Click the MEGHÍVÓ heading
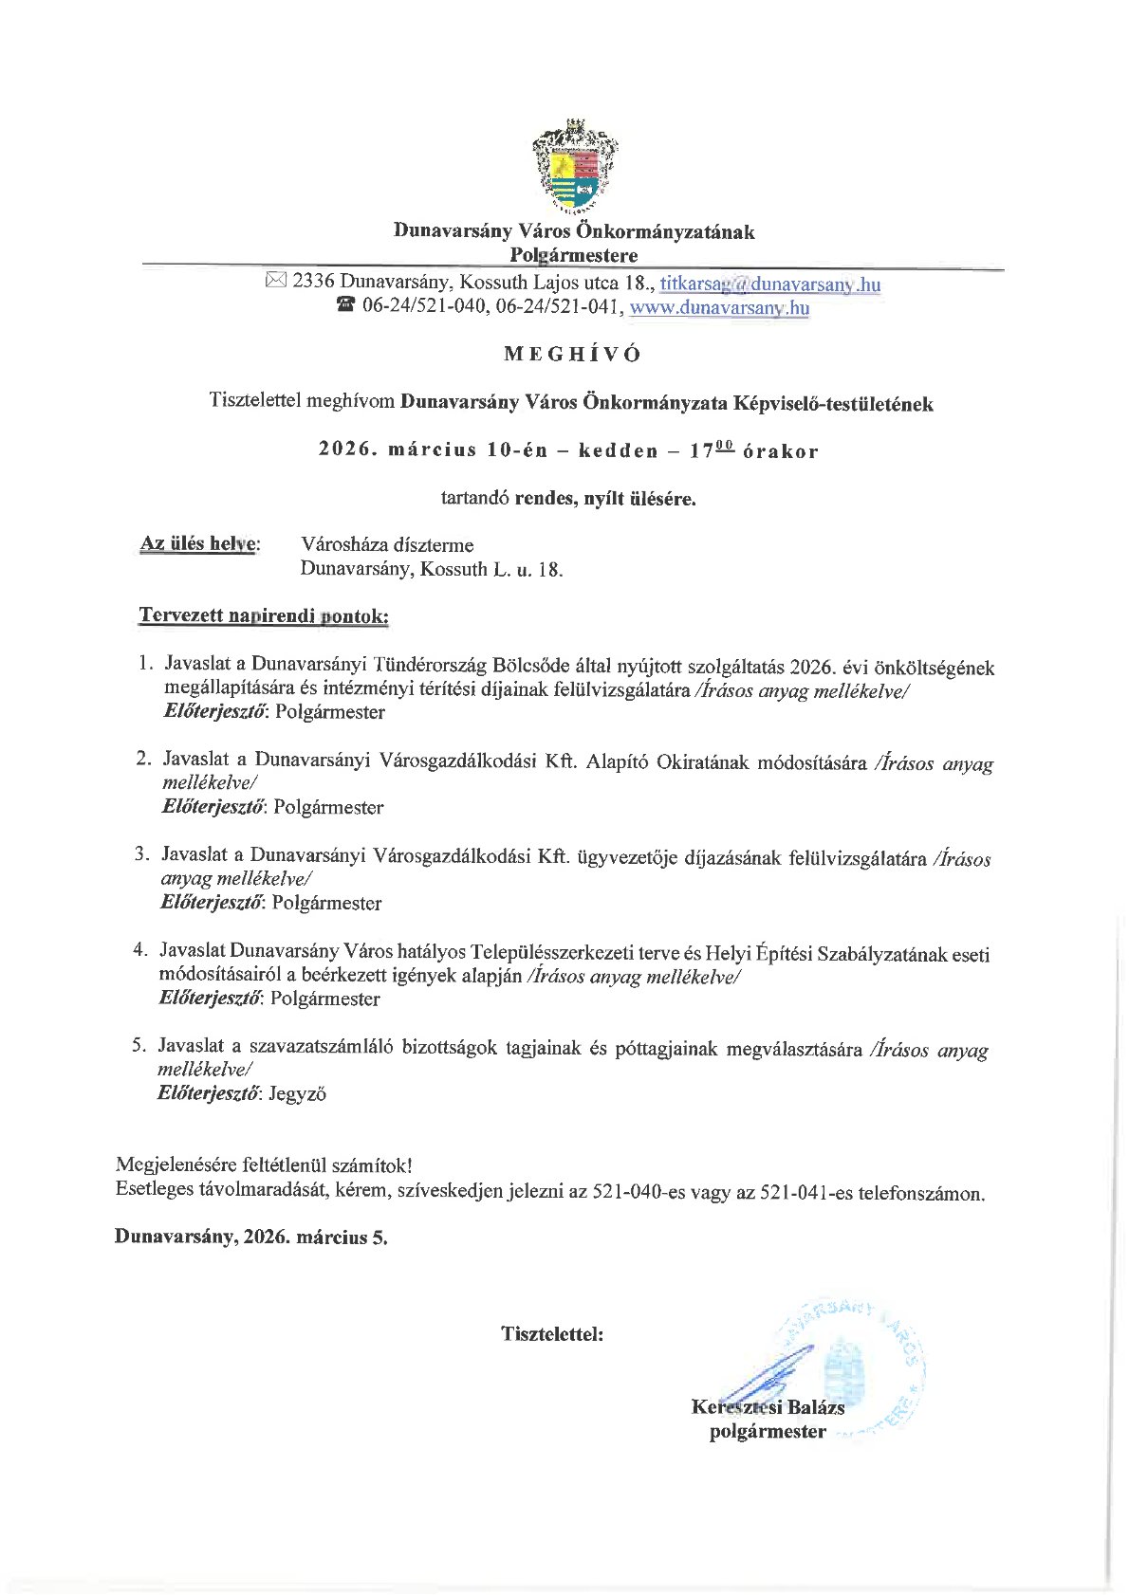click(x=573, y=354)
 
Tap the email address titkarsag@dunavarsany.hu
click(x=770, y=283)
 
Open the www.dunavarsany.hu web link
click(x=719, y=306)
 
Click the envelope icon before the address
click(x=276, y=281)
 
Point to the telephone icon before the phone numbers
click(x=345, y=305)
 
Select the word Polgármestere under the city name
click(x=573, y=254)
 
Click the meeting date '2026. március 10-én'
click(x=433, y=449)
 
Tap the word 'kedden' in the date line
click(x=618, y=450)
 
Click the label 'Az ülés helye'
click(x=198, y=543)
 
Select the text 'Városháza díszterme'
click(x=387, y=544)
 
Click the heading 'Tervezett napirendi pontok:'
click(x=264, y=615)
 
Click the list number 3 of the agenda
click(x=141, y=853)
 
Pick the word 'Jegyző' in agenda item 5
click(x=298, y=1093)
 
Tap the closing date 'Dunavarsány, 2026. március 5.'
click(x=251, y=1237)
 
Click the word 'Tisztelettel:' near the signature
click(x=552, y=1333)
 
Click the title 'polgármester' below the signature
click(x=768, y=1431)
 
